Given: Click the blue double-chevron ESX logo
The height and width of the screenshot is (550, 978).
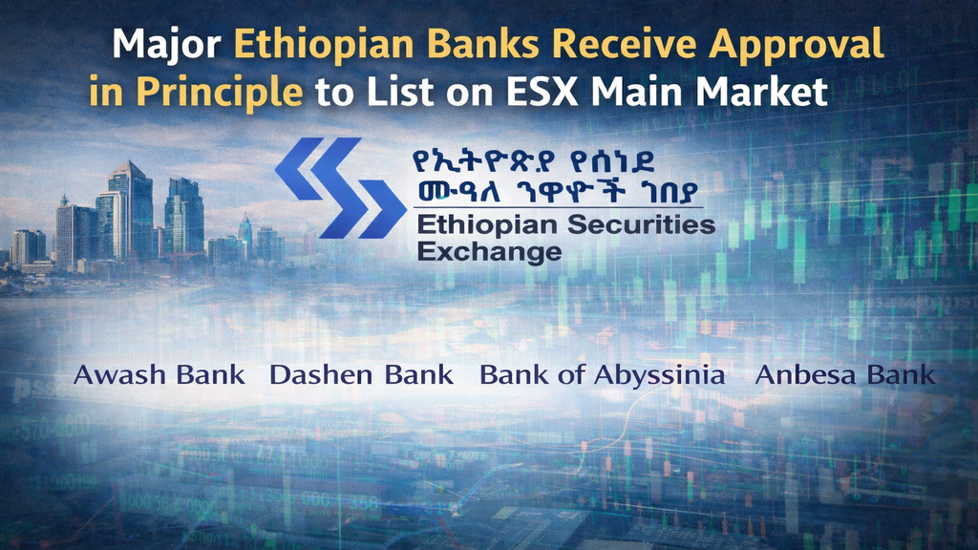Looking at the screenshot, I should pyautogui.click(x=339, y=187).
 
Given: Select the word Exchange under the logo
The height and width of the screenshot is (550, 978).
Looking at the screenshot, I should pyautogui.click(x=489, y=252).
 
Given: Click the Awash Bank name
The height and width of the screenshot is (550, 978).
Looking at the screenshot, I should pyautogui.click(x=159, y=374).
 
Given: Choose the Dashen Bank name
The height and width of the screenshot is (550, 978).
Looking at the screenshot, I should pyautogui.click(x=361, y=374).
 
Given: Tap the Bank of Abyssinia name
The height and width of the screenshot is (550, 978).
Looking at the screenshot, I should pyautogui.click(x=602, y=374).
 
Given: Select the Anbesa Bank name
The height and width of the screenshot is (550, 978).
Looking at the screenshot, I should pyautogui.click(x=844, y=374).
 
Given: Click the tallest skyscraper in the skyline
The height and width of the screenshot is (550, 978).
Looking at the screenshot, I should pyautogui.click(x=130, y=210).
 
